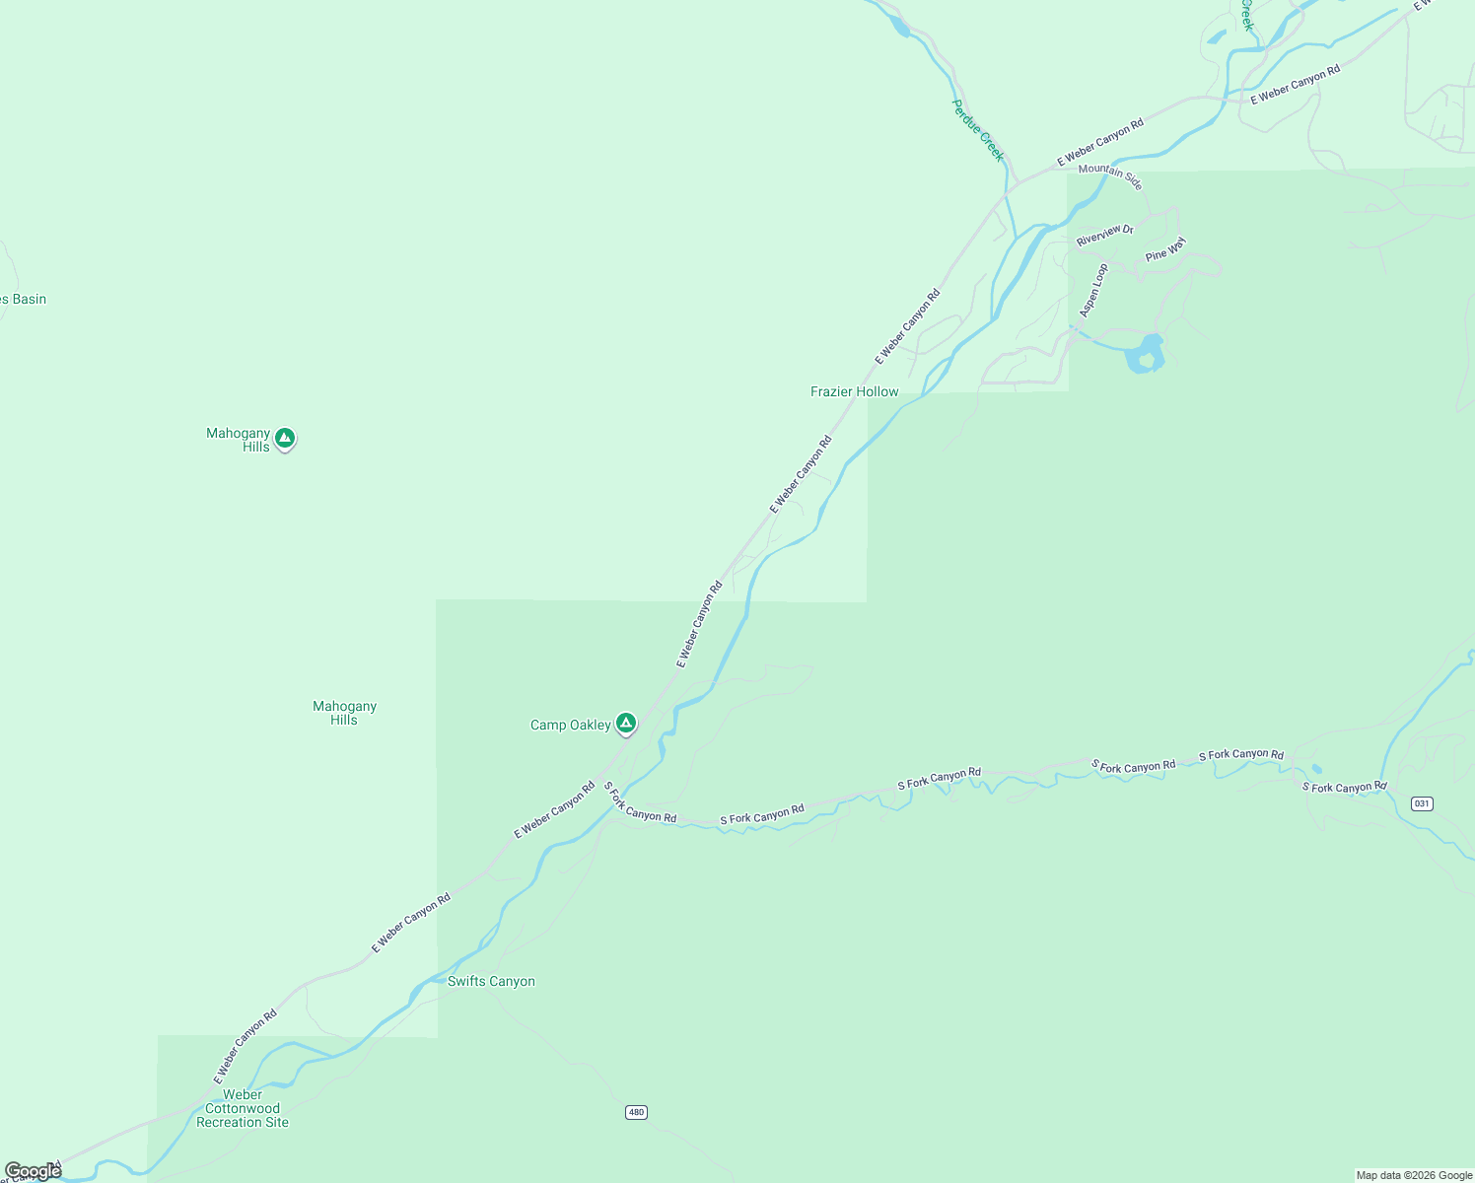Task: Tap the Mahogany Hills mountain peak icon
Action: (285, 438)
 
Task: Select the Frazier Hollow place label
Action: (854, 391)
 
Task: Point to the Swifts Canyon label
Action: (491, 981)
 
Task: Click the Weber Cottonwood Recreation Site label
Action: (243, 1108)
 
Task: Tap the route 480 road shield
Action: (636, 1112)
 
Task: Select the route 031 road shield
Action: (1421, 803)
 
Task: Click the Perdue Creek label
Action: (978, 130)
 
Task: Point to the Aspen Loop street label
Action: (1093, 290)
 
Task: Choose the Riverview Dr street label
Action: (1104, 236)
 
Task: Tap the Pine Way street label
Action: (1164, 249)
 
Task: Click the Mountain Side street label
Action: (1110, 175)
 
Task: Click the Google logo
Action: (33, 1171)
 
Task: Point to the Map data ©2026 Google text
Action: (1414, 1175)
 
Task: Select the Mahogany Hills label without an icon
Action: (344, 713)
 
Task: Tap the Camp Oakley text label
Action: (570, 725)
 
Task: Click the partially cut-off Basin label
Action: (24, 299)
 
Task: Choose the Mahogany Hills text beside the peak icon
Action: (239, 440)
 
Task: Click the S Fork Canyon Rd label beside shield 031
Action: (1344, 787)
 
